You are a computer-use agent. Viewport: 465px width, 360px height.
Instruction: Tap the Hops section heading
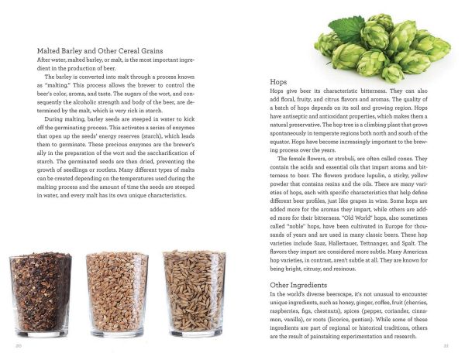click(x=278, y=81)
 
